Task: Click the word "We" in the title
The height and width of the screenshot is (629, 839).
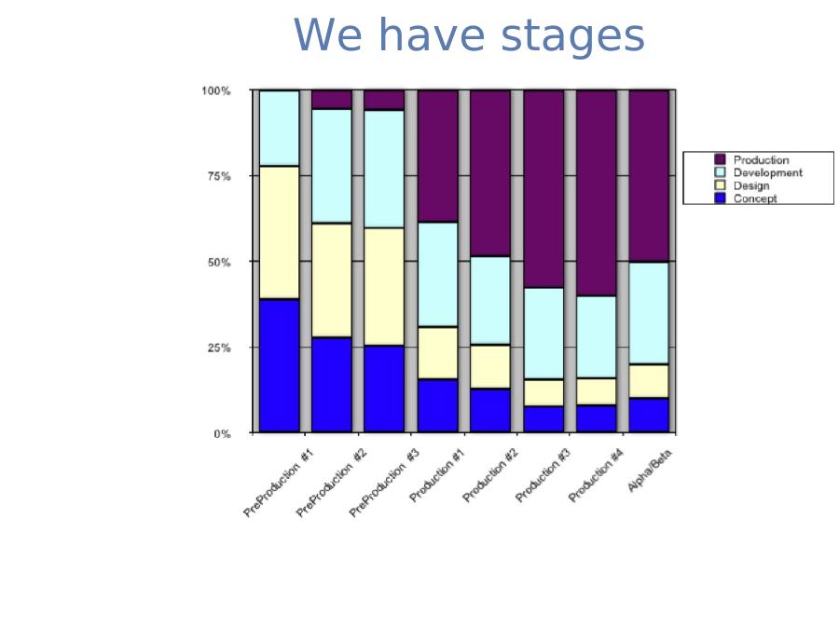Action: click(x=327, y=34)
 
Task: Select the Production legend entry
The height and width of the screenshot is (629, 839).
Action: click(x=751, y=159)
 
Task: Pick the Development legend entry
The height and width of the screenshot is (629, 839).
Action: click(x=758, y=172)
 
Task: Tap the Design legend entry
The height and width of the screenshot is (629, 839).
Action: click(x=742, y=185)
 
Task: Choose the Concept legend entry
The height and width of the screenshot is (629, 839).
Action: click(x=746, y=198)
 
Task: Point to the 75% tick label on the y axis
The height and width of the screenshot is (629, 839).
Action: click(x=219, y=176)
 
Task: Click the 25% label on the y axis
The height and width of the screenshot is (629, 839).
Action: click(x=219, y=348)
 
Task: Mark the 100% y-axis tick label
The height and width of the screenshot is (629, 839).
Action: click(x=215, y=91)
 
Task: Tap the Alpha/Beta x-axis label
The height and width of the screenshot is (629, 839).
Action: click(x=650, y=471)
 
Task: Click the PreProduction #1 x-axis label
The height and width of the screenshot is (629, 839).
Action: click(x=279, y=484)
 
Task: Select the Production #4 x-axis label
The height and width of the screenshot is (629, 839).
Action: click(x=596, y=475)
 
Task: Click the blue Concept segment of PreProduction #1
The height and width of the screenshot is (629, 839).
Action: click(x=279, y=366)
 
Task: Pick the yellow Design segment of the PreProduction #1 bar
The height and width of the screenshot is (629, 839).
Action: click(x=279, y=233)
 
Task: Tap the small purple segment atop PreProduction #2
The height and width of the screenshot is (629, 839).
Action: click(x=332, y=100)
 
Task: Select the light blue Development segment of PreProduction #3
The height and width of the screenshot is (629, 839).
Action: click(x=384, y=169)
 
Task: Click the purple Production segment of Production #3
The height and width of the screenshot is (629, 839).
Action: click(x=543, y=189)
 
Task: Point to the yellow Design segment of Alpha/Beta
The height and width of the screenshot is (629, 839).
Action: click(x=649, y=381)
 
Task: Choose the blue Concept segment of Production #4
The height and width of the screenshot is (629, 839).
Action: click(x=597, y=418)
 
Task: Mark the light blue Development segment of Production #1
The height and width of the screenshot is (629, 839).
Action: click(x=438, y=274)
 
